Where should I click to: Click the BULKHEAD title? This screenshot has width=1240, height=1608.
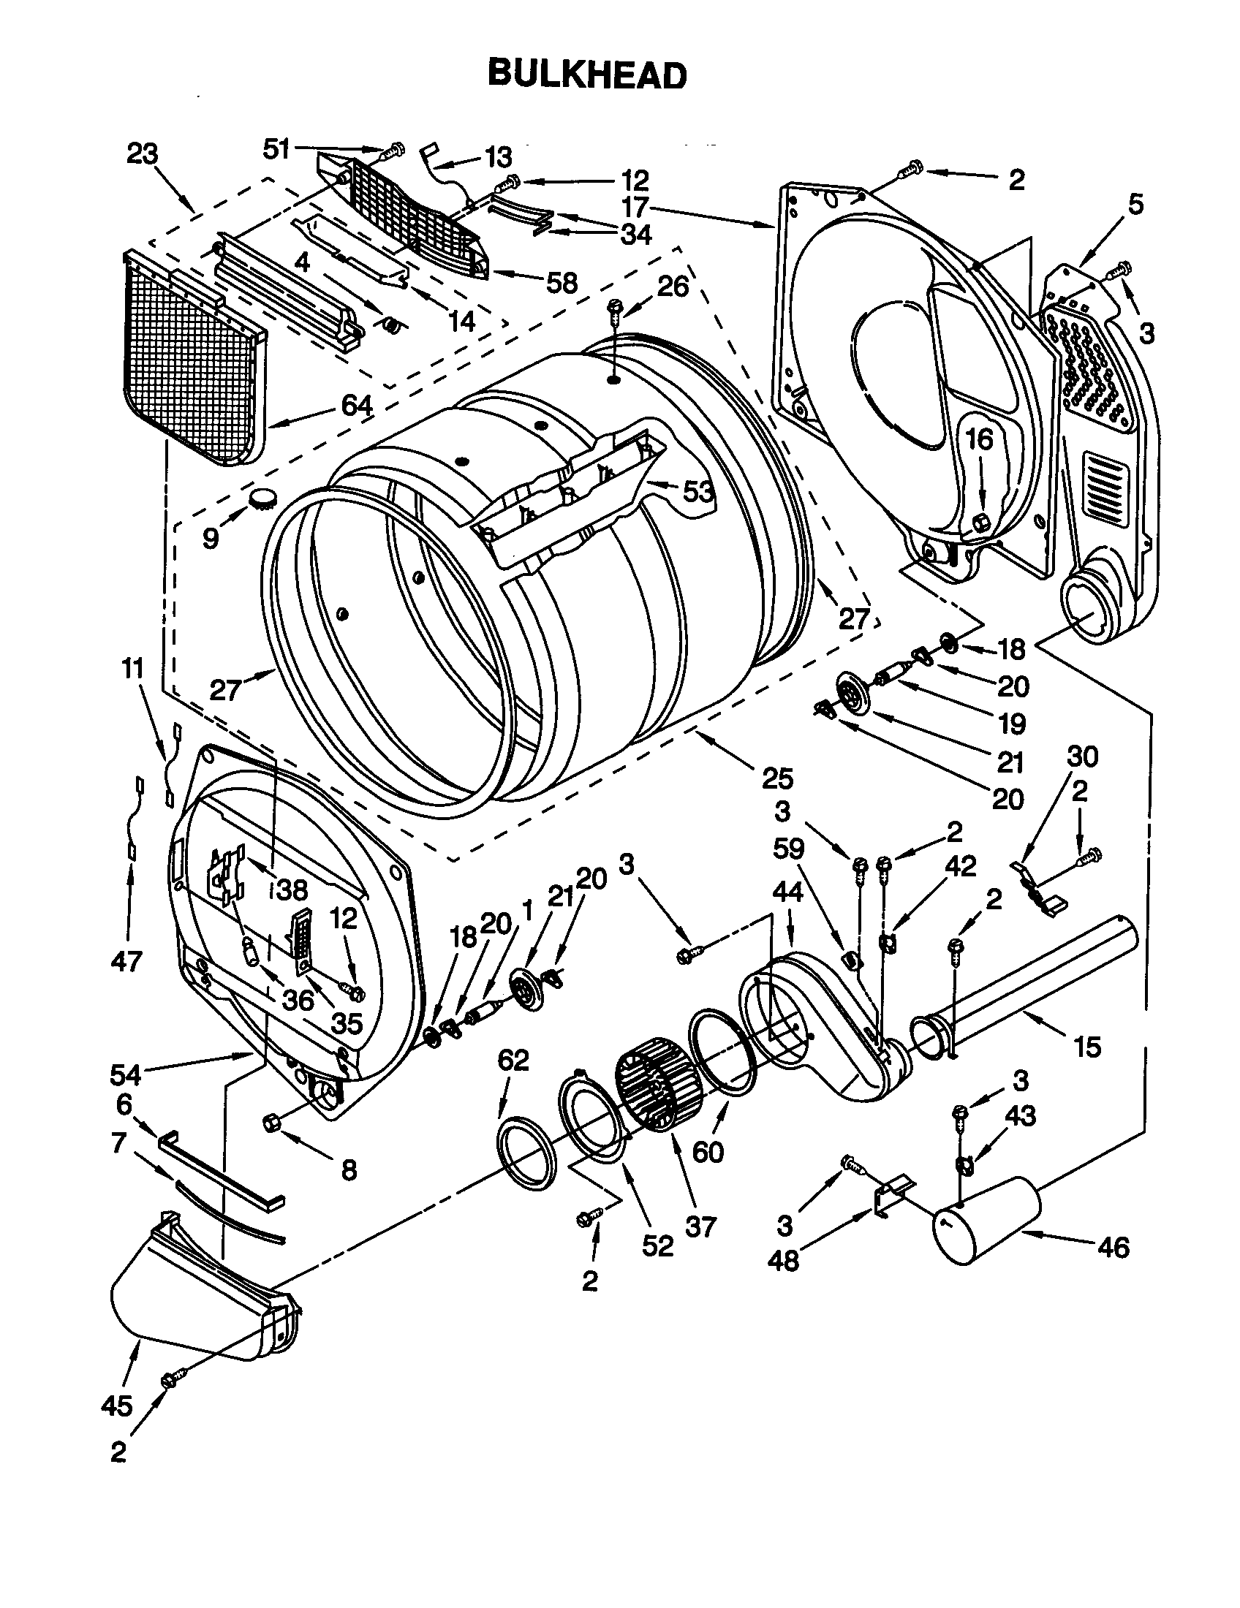click(x=587, y=75)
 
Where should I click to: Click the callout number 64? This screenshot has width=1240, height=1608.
click(x=355, y=406)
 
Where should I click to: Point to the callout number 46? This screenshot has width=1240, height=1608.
click(x=1112, y=1247)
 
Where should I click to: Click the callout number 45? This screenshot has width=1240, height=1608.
click(x=117, y=1406)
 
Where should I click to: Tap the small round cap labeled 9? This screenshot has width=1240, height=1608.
click(x=262, y=498)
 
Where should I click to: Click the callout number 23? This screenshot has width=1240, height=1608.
click(x=142, y=155)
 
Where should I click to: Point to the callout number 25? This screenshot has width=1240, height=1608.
click(x=778, y=777)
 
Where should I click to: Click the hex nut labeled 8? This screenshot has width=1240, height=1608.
click(x=270, y=1122)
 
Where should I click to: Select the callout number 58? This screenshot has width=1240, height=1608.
click(x=562, y=282)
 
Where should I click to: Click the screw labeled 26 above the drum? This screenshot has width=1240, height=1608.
click(x=613, y=310)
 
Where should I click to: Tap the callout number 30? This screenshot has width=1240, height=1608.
click(x=1081, y=756)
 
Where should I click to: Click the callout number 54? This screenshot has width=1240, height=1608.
click(x=125, y=1074)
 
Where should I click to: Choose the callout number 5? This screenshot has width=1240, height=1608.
click(x=1135, y=205)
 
